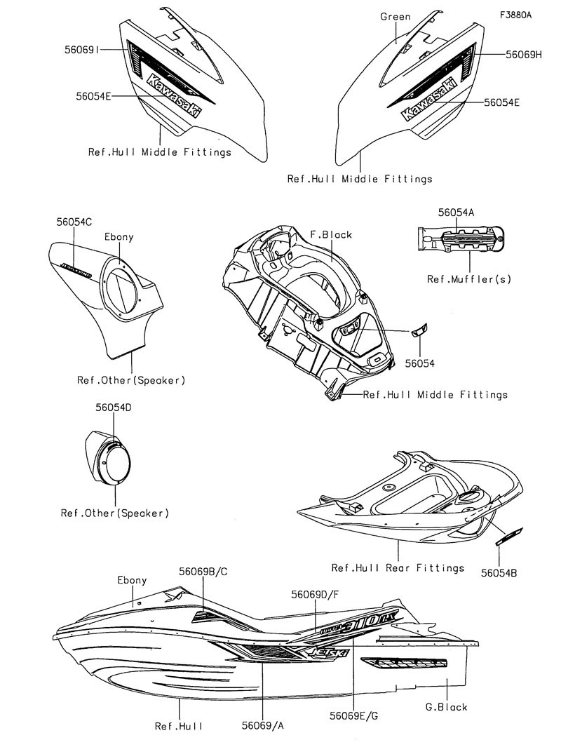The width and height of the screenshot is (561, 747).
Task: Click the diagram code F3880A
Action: (x=515, y=15)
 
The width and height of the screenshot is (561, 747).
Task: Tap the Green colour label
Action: (x=396, y=16)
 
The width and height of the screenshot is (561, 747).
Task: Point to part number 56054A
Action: (x=457, y=212)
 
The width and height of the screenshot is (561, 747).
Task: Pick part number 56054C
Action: (x=74, y=222)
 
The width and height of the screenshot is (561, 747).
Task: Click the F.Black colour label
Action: (x=331, y=234)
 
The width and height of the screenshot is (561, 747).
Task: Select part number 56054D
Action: (x=113, y=408)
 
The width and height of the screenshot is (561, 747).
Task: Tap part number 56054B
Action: (x=499, y=573)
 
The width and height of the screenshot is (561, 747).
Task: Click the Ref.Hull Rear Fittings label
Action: (x=398, y=567)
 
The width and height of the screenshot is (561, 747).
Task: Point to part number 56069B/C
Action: (x=203, y=572)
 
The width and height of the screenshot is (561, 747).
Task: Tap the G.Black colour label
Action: (x=446, y=707)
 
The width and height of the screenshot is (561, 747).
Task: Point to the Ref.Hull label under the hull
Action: (x=179, y=726)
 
